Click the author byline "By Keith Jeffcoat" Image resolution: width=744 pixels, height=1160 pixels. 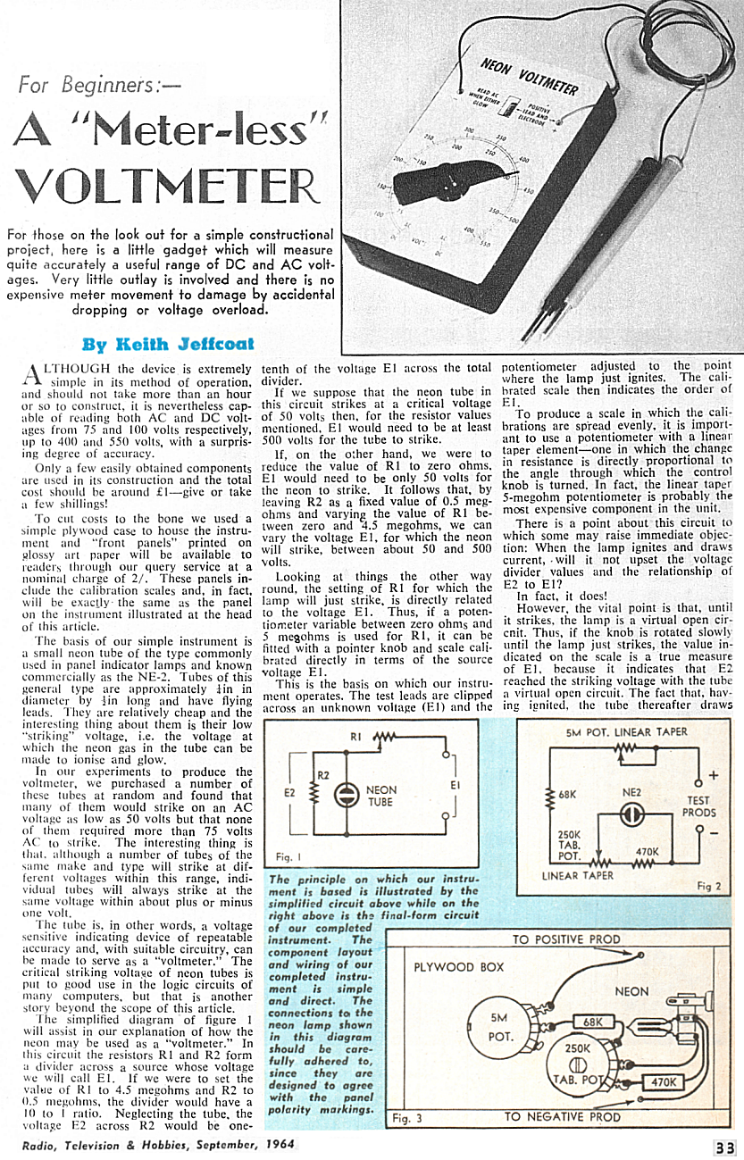point(167,344)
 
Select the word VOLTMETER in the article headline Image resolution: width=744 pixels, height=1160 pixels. point(167,185)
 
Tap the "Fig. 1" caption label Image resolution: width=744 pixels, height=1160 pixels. point(285,857)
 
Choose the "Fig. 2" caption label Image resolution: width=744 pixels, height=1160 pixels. point(708,886)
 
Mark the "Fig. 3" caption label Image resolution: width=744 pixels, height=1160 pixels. point(408,1116)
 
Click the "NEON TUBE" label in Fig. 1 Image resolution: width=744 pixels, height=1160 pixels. point(381,797)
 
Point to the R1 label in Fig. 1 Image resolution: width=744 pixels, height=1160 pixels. point(355,738)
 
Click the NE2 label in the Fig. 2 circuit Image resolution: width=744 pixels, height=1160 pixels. point(631,791)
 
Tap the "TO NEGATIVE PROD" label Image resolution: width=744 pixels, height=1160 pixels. point(562,1116)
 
